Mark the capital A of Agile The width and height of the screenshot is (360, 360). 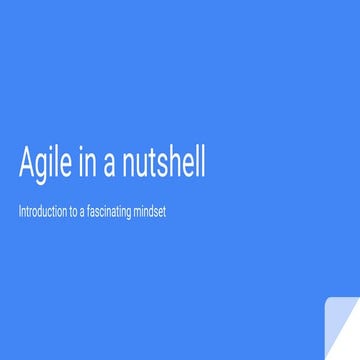click(x=26, y=162)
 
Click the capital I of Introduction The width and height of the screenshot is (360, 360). click(x=20, y=212)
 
